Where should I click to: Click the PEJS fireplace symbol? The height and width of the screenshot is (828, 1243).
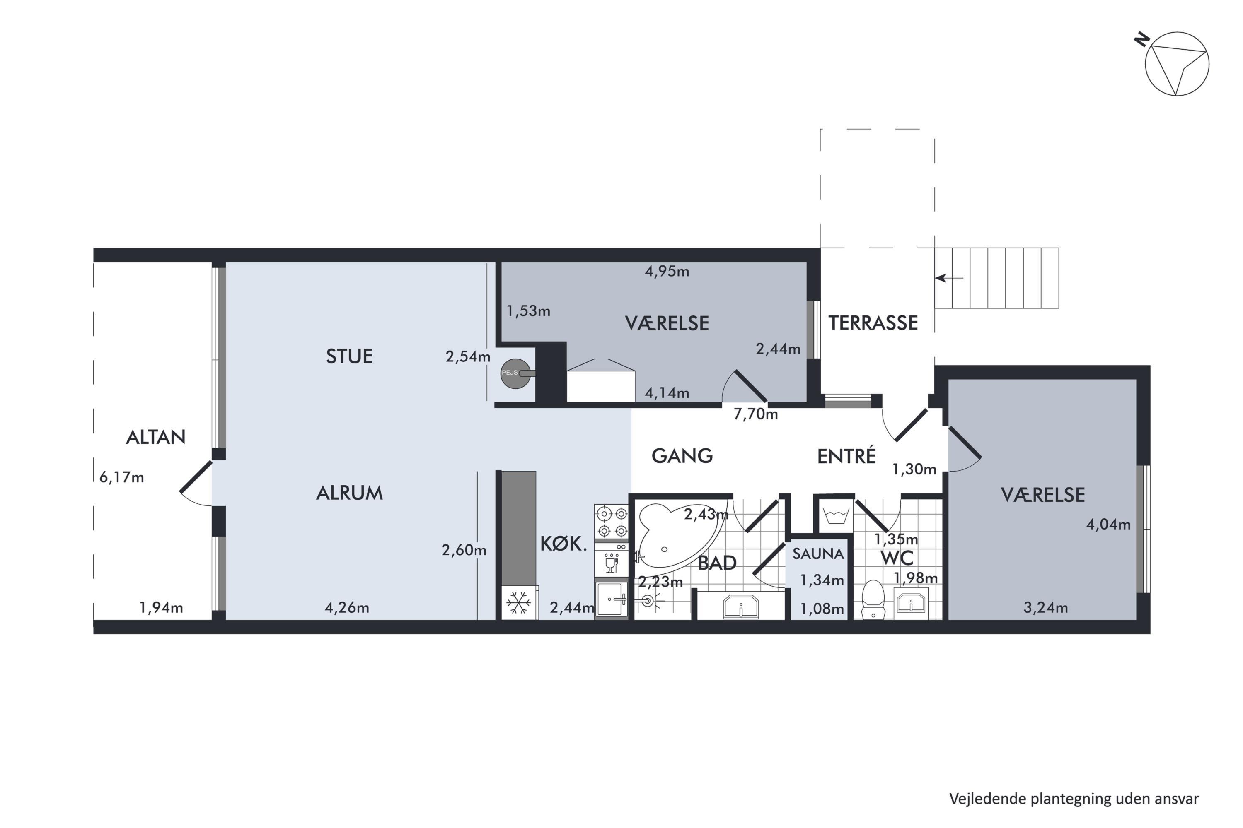[x=516, y=374]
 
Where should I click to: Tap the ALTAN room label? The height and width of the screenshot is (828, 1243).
[x=156, y=437]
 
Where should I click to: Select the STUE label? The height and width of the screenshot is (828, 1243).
[x=349, y=356]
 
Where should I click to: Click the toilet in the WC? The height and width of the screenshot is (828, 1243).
[x=873, y=600]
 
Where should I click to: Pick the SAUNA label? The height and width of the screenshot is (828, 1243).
[x=818, y=554]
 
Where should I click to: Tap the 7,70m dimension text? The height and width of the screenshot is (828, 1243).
[x=756, y=414]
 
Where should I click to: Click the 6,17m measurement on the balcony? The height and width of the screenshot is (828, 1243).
[x=121, y=477]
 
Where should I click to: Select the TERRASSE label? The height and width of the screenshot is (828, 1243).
[x=873, y=323]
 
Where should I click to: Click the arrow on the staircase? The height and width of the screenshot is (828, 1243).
[x=949, y=278]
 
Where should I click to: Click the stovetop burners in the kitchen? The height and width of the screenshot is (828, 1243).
[x=612, y=522]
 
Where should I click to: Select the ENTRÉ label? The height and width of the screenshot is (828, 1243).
[x=846, y=456]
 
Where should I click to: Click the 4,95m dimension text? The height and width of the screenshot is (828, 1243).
[x=667, y=272]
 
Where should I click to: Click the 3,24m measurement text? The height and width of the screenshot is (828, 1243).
[x=1046, y=608]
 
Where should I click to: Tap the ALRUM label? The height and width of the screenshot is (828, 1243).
[x=349, y=493]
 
